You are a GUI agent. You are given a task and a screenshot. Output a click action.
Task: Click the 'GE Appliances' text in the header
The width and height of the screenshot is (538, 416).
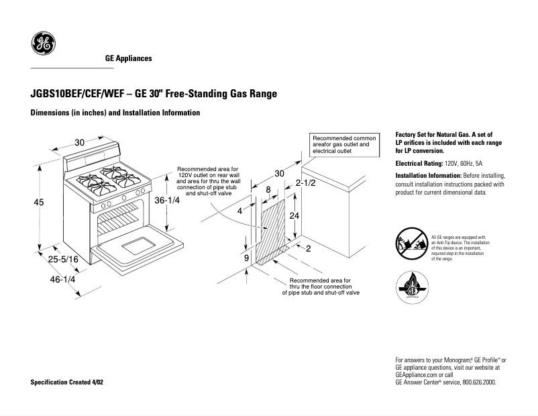click(x=128, y=58)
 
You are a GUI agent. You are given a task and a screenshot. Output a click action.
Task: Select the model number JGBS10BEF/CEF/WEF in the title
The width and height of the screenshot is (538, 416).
click(x=74, y=94)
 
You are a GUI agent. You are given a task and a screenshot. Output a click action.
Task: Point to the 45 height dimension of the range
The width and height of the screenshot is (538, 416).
click(x=39, y=202)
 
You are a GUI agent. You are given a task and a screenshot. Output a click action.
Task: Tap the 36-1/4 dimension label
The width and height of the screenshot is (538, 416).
click(x=168, y=201)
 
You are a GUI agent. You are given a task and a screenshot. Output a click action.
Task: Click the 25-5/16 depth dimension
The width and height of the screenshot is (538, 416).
click(x=64, y=259)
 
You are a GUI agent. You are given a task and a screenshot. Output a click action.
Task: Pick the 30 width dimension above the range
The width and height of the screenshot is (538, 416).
click(x=79, y=142)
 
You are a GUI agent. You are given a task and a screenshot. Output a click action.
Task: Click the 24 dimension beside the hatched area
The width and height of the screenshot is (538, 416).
click(x=294, y=215)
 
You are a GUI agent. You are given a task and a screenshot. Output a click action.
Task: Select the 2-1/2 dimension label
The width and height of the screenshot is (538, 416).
click(x=306, y=183)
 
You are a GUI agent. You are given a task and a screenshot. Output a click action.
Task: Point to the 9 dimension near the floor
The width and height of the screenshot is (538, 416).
click(x=246, y=258)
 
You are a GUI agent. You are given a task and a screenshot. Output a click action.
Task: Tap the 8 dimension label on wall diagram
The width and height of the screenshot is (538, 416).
click(x=268, y=190)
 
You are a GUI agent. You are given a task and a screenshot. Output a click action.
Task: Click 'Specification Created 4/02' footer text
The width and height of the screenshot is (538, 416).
click(x=67, y=382)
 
